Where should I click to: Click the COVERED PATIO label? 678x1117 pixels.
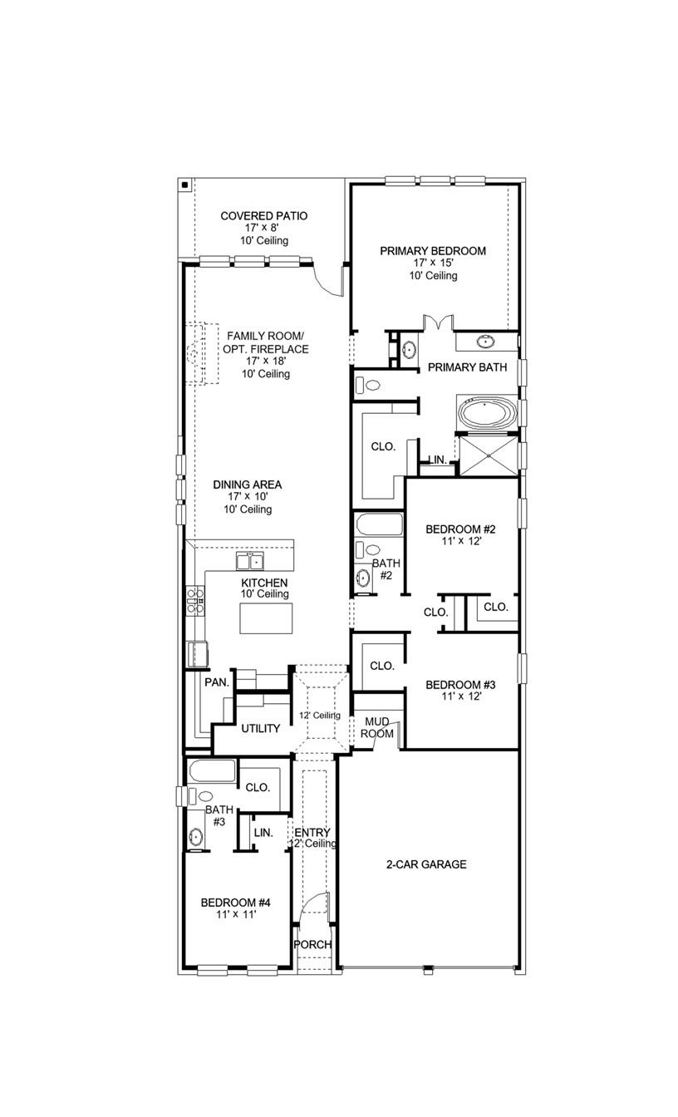(263, 216)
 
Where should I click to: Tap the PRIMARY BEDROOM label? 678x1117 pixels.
(432, 251)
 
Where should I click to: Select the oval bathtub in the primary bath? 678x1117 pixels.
(487, 415)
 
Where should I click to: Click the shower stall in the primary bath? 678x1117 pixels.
(487, 455)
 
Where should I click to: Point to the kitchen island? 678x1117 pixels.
(266, 618)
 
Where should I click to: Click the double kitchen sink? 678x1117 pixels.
(248, 560)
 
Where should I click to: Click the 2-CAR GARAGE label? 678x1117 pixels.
(425, 864)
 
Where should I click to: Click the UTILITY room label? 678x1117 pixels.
(260, 729)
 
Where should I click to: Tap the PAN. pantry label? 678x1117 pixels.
(217, 682)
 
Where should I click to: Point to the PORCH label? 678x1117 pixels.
(313, 945)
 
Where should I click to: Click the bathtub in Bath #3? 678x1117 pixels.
(212, 770)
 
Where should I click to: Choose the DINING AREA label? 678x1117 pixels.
(247, 485)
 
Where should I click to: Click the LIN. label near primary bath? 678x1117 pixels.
(437, 460)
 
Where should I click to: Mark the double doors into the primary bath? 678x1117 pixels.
(437, 323)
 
